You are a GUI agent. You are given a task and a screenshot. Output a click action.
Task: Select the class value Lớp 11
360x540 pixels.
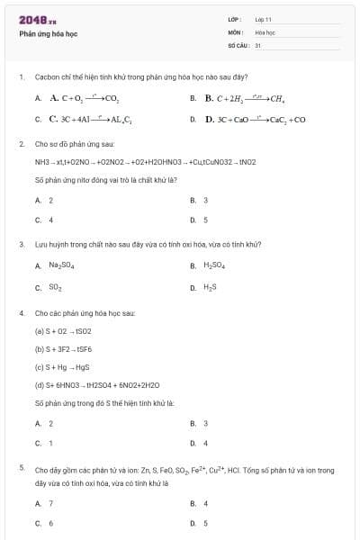263,19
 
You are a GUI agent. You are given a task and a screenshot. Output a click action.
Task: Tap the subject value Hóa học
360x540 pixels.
265,31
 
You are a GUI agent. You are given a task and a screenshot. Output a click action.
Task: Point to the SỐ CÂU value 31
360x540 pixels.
257,44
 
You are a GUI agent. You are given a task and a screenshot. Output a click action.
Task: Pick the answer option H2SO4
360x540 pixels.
213,265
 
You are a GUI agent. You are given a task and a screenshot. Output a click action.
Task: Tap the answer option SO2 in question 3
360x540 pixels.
55,287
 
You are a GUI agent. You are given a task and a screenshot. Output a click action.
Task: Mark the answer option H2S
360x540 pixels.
210,287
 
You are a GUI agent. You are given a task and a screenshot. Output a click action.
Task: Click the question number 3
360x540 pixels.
22,244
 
